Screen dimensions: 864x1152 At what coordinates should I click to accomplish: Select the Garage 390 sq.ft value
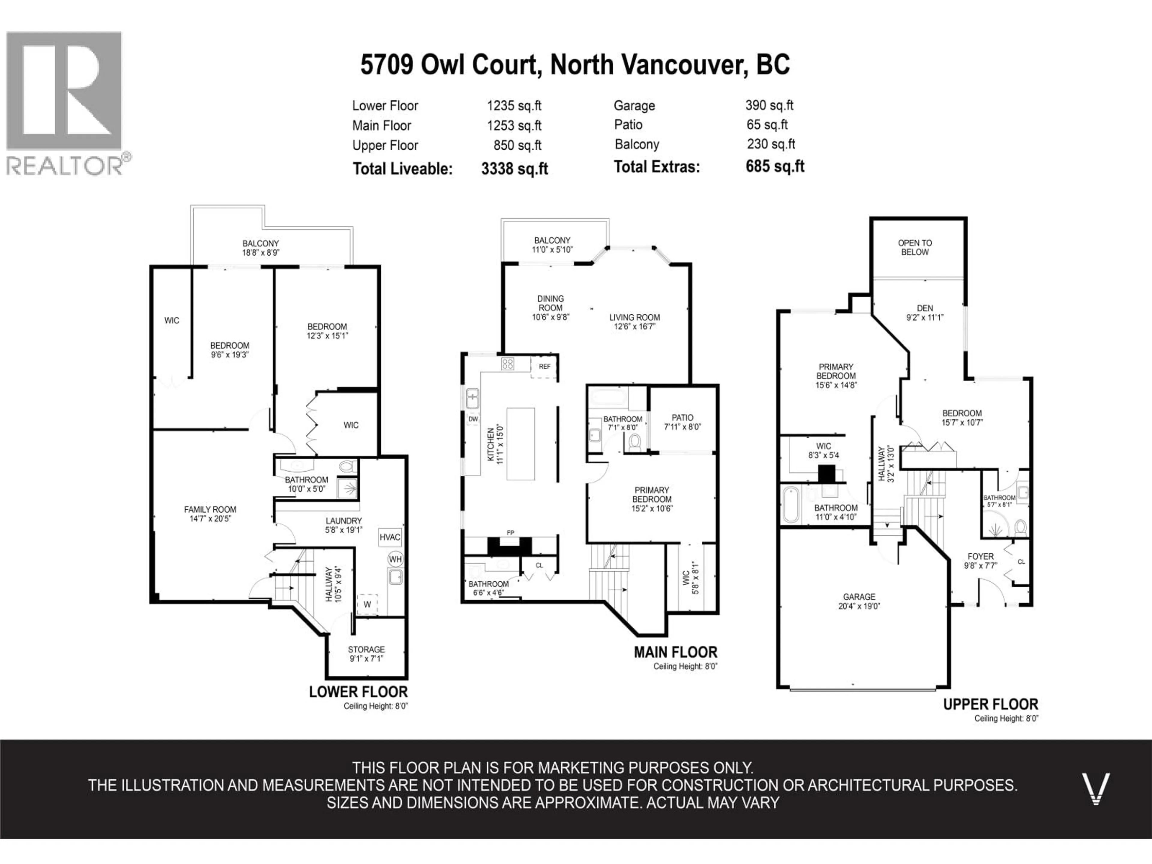coord(769,105)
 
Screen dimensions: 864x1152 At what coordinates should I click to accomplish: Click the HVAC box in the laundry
coord(390,537)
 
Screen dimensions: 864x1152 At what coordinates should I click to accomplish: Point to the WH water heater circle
coord(395,559)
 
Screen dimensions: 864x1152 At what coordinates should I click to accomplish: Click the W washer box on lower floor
coord(367,604)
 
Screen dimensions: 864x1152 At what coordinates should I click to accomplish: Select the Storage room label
coord(366,649)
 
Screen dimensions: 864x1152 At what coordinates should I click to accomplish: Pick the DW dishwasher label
coord(473,419)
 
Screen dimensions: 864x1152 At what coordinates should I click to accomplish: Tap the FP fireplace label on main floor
coord(510,532)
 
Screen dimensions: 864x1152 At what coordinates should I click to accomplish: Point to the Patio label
coord(682,418)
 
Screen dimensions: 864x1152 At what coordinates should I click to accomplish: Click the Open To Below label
coord(914,247)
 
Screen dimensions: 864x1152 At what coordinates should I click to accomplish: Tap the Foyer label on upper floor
coord(981,556)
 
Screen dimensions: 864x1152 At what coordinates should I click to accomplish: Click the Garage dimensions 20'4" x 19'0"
coord(859,606)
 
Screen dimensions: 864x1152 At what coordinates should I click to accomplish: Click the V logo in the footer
coord(1095,789)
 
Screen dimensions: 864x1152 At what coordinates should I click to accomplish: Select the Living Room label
coord(634,317)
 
